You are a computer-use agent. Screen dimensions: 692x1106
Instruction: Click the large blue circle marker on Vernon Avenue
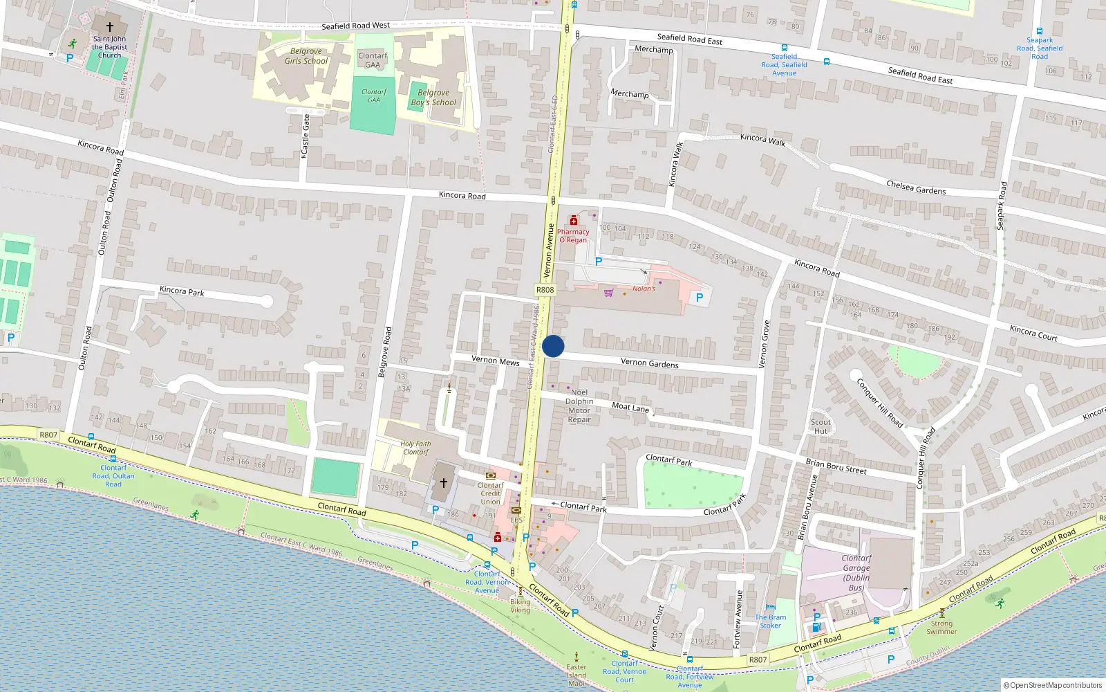[553, 346]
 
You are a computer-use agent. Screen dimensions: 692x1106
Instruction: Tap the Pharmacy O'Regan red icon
[573, 221]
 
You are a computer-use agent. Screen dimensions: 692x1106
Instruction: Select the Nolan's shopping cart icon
[608, 293]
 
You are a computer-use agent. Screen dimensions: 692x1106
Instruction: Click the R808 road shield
[545, 291]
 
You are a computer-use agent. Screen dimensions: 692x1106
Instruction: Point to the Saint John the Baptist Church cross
[109, 27]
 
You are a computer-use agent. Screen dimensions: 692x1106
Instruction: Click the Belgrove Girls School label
[306, 56]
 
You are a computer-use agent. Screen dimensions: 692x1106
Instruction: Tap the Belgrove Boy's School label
[433, 98]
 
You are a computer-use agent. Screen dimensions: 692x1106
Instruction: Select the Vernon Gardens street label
[649, 363]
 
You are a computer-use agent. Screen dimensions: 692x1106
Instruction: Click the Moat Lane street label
[630, 408]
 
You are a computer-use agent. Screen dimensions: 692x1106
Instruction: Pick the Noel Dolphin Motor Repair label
[579, 406]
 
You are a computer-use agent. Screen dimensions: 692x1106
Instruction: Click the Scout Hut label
[821, 426]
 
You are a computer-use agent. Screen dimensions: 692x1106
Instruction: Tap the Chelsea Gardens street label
[916, 187]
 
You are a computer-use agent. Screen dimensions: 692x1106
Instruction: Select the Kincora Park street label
[182, 291]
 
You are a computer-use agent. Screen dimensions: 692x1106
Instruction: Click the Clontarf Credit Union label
[490, 493]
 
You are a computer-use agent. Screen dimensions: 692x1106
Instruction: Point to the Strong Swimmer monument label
[941, 627]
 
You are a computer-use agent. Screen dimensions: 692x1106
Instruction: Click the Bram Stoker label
[770, 621]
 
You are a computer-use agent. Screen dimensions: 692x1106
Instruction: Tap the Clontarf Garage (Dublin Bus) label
[856, 573]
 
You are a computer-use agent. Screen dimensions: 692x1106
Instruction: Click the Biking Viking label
[520, 606]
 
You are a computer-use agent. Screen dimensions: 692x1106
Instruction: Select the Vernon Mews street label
[495, 361]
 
